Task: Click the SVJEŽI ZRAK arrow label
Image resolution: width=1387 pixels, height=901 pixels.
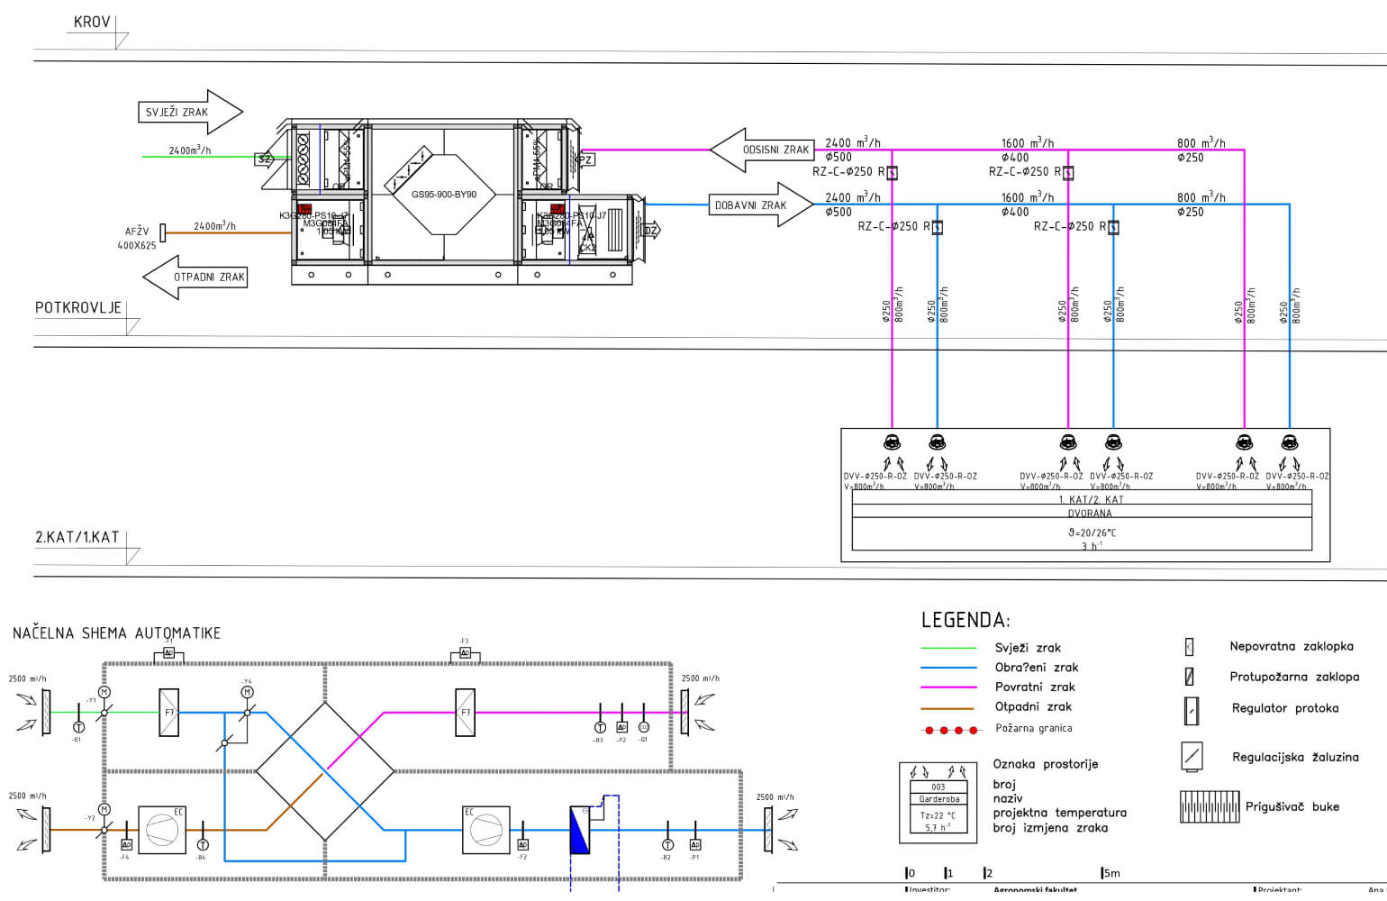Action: click(177, 113)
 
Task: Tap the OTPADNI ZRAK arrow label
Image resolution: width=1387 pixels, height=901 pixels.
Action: click(209, 278)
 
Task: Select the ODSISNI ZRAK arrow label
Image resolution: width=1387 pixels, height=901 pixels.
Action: click(775, 150)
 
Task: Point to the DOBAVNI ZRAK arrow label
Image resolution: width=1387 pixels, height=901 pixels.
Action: click(750, 205)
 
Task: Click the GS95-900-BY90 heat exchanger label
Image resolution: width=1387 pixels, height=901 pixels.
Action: click(444, 195)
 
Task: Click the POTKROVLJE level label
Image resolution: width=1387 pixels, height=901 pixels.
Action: click(78, 308)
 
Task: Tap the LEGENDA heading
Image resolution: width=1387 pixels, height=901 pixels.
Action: click(965, 620)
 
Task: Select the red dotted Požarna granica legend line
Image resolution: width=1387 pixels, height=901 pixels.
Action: click(949, 730)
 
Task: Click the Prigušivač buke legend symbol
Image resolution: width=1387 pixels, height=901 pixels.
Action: click(1209, 806)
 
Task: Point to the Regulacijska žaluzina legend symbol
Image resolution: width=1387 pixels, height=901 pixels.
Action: click(1192, 756)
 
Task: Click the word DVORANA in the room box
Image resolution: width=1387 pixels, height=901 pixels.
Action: click(1090, 514)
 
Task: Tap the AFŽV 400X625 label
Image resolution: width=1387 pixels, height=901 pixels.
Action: click(137, 239)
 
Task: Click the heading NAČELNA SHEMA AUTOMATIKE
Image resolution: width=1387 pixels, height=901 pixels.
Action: click(117, 633)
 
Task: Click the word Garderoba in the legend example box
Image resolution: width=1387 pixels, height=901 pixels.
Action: click(938, 799)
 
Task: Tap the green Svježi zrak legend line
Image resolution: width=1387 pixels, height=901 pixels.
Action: click(948, 648)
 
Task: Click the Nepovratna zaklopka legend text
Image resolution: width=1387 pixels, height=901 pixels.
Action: click(1291, 646)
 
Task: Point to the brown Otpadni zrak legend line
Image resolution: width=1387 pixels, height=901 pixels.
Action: click(948, 708)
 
